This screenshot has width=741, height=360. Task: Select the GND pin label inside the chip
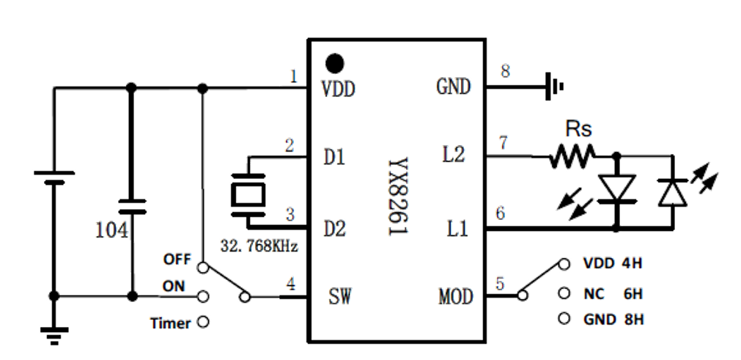point(453,87)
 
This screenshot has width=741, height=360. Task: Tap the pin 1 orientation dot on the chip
point(336,62)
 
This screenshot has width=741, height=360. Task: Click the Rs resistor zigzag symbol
point(573,155)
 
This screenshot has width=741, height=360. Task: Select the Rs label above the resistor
point(578,130)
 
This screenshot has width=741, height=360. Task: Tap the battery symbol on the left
point(54,179)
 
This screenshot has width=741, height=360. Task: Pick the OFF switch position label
point(177,260)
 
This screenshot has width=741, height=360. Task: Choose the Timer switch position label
point(170,322)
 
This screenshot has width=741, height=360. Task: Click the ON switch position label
point(174,287)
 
